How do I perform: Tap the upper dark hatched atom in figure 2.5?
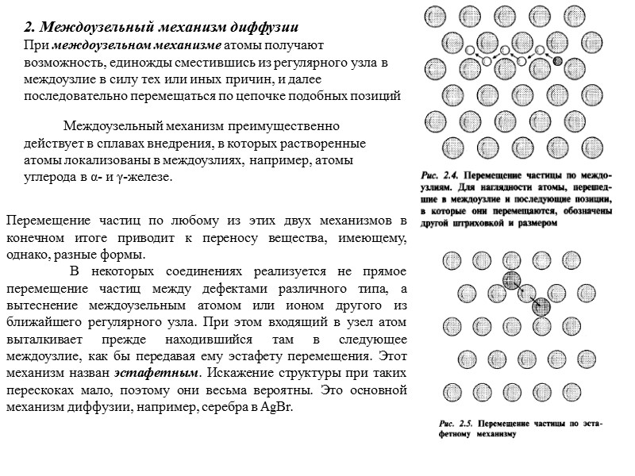(512, 279)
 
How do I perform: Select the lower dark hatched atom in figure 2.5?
(541, 307)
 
